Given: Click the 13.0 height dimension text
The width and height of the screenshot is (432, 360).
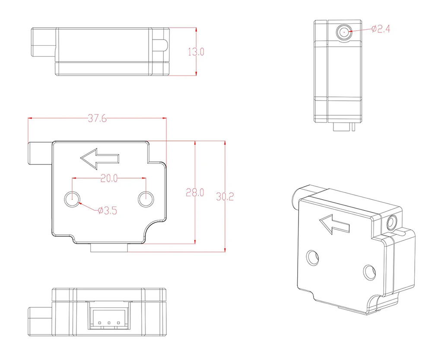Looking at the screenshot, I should coord(196,52).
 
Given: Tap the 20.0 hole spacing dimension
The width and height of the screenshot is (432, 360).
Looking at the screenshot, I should coord(109,178).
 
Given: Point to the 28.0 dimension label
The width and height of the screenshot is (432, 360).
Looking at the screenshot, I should coord(195,193).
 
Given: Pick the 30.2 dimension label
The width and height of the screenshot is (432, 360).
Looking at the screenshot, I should coord(225,197).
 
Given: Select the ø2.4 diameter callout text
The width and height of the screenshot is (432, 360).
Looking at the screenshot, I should coord(381,29).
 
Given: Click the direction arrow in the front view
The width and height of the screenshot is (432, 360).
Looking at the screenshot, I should coord(99,158).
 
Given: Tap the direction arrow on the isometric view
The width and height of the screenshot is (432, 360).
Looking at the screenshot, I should coord(334,224).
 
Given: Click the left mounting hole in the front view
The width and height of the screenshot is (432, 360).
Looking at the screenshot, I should coord(72,199).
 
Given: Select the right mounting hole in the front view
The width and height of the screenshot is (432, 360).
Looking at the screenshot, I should coord(146,199).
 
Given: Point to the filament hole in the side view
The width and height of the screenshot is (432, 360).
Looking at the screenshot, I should coord(344,31).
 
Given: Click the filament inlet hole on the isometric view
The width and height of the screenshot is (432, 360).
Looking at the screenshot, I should coord(392,222).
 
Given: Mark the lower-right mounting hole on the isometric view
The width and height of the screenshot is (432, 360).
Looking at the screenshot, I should coord(368,272).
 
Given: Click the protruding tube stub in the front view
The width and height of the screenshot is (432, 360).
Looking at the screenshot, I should coord(40,153).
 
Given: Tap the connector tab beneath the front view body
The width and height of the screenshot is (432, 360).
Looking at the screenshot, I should coord(109,248).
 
